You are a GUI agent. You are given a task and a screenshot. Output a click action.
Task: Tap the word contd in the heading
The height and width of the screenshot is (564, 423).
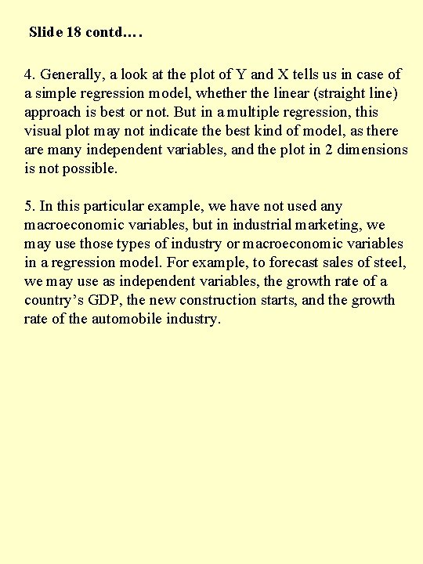pos(107,33)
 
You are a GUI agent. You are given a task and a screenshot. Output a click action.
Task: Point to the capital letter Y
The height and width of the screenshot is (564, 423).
pos(241,74)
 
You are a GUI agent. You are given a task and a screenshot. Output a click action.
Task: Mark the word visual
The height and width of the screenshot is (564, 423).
pos(42,131)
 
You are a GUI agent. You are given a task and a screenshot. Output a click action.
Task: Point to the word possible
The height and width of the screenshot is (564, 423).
pos(92,168)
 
